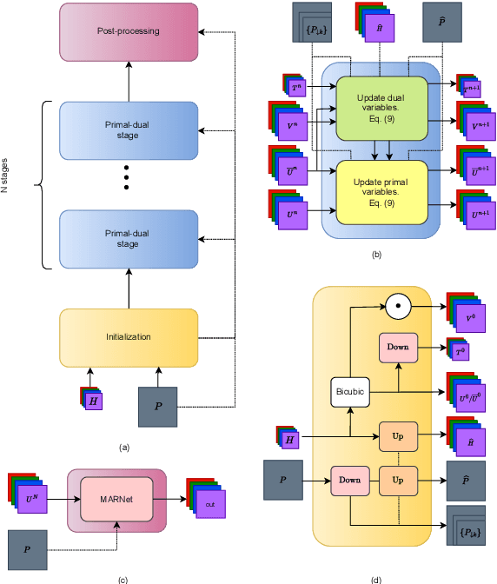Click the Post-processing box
129,30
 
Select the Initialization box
129,337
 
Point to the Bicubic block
348,390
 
